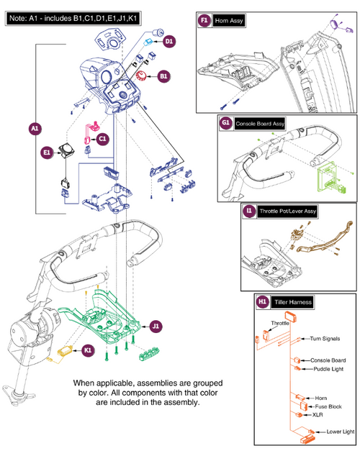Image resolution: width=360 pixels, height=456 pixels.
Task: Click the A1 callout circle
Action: pyautogui.click(x=35, y=129)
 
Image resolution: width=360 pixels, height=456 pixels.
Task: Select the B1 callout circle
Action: pyautogui.click(x=164, y=75)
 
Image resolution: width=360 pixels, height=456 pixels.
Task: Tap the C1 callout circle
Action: pyautogui.click(x=102, y=138)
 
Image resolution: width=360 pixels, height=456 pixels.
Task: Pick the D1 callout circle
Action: pyautogui.click(x=168, y=42)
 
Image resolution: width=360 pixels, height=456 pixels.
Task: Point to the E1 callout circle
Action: pyautogui.click(x=46, y=152)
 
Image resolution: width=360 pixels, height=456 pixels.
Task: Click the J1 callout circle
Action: pyautogui.click(x=157, y=326)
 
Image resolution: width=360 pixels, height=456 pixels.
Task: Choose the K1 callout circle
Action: pyautogui.click(x=88, y=351)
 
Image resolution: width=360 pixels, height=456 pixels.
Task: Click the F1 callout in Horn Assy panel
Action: pyautogui.click(x=204, y=22)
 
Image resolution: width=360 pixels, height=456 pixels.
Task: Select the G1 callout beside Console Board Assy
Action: pyautogui.click(x=225, y=123)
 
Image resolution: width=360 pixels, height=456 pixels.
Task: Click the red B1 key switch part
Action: pyautogui.click(x=142, y=77)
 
